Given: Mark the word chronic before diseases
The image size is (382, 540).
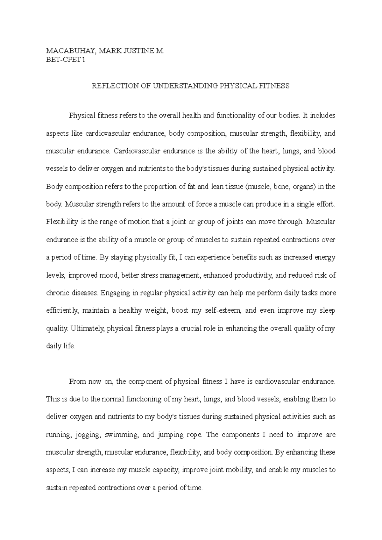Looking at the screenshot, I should [57, 293].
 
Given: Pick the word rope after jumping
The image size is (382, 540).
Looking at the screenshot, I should [195, 435].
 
